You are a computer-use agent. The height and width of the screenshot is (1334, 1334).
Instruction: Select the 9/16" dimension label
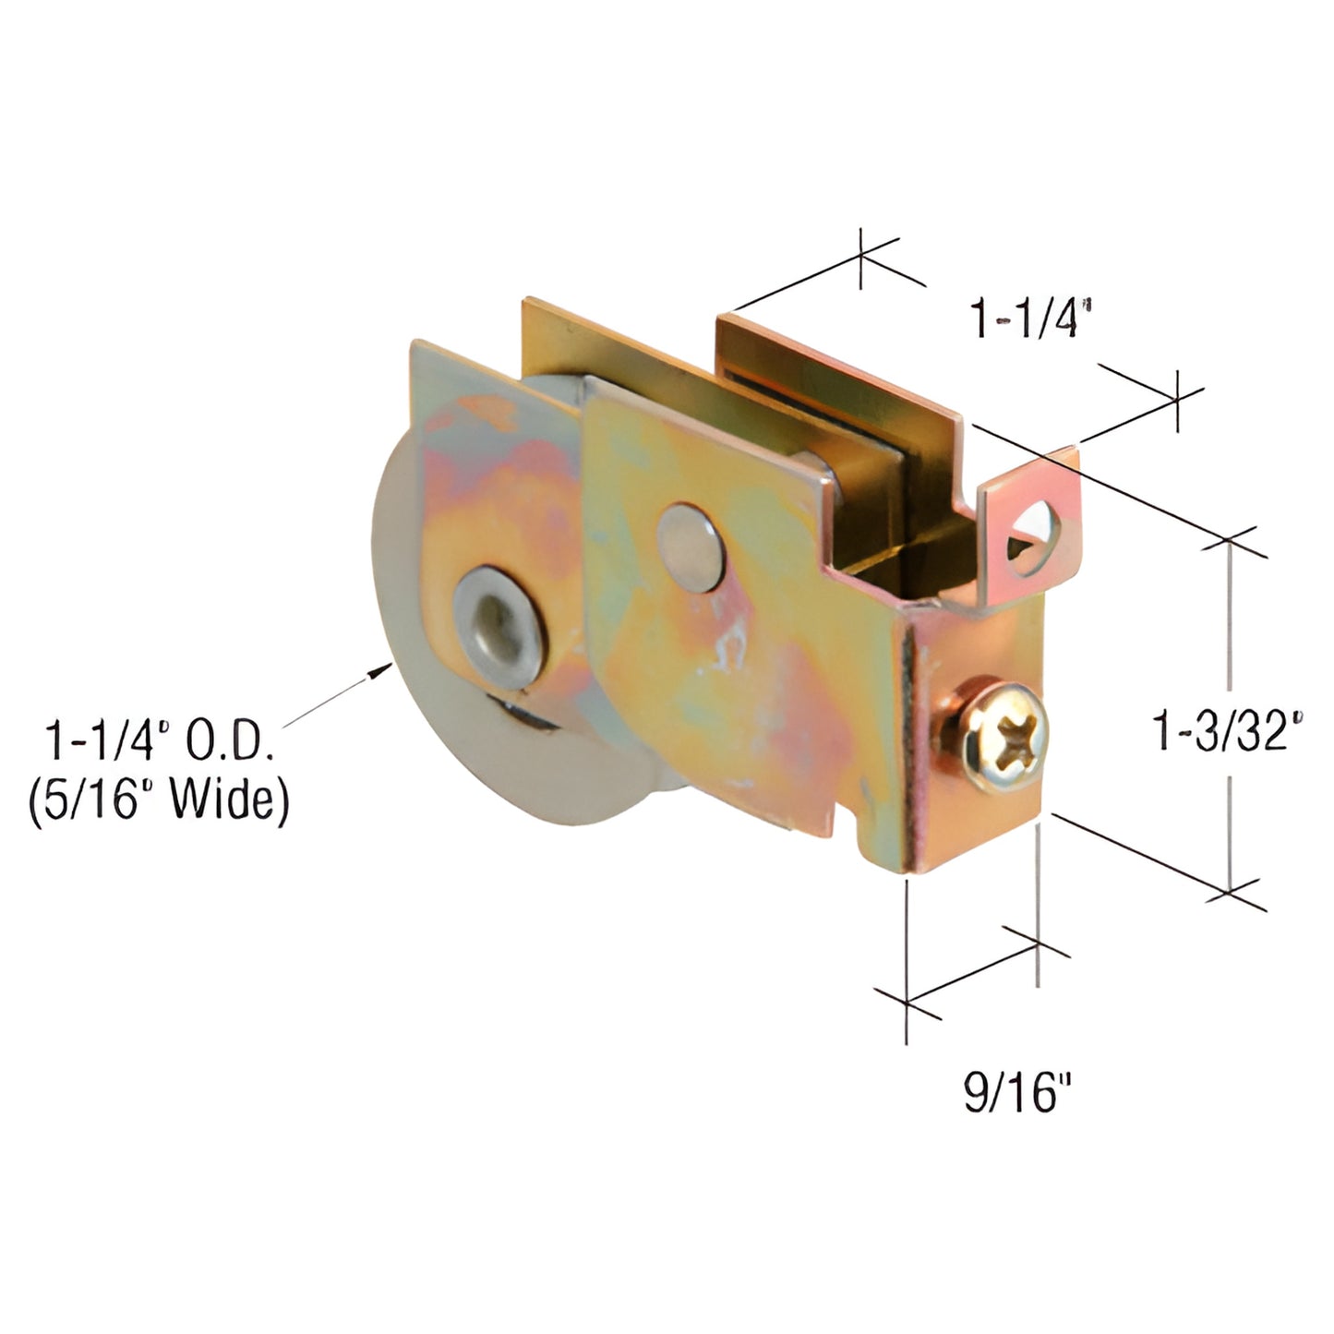[1017, 1094]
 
